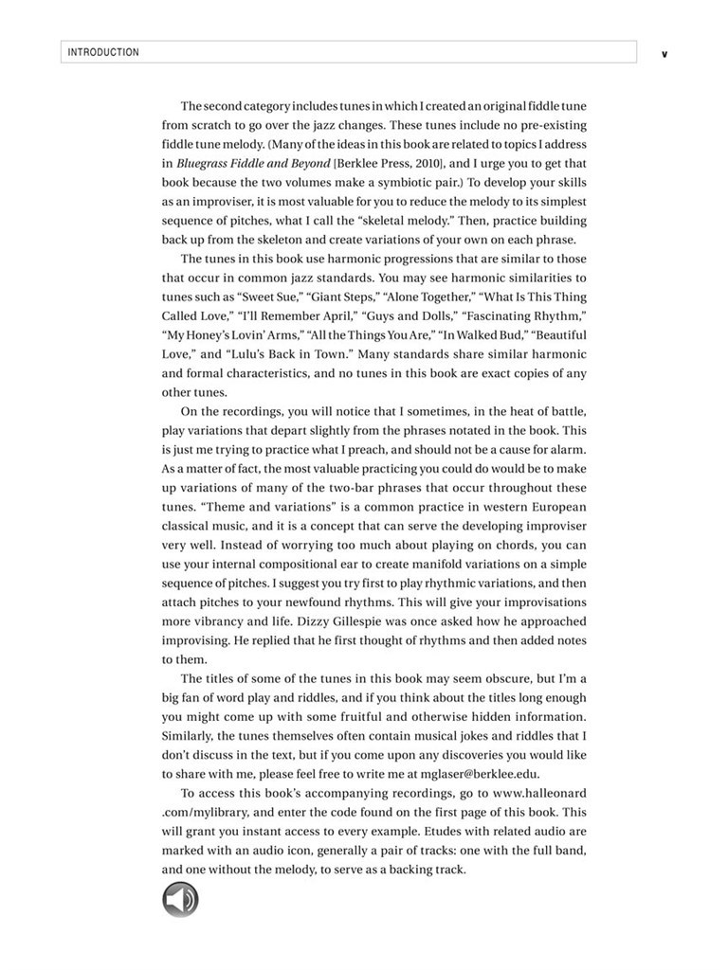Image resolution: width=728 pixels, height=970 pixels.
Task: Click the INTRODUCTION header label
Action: tap(103, 52)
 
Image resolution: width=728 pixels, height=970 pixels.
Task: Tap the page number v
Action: tap(664, 54)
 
